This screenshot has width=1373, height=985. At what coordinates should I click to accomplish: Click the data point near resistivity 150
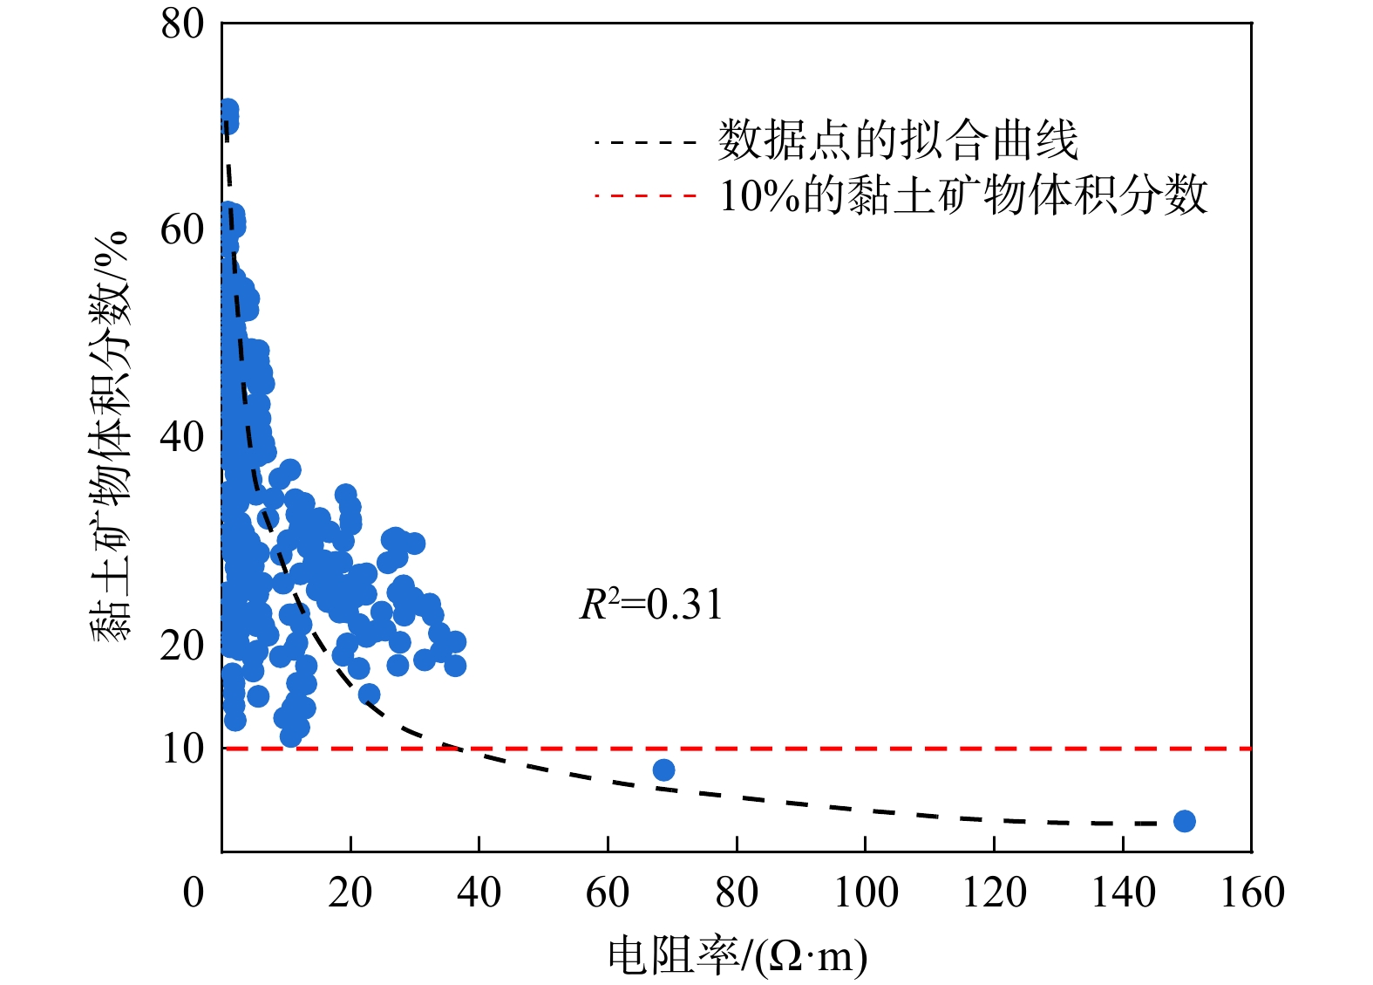1184,821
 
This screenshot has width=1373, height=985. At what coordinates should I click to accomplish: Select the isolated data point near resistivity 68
663,770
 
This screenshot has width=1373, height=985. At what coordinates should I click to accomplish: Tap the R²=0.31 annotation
651,605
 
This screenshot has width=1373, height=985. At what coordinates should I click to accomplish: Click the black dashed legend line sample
645,141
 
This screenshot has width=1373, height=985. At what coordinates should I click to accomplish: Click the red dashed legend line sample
645,195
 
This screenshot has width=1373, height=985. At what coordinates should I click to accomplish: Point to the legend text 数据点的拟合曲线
898,140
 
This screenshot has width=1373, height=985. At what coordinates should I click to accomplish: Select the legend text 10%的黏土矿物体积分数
963,195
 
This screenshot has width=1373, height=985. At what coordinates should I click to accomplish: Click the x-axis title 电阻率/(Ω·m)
737,955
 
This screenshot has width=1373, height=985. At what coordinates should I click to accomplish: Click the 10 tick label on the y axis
182,749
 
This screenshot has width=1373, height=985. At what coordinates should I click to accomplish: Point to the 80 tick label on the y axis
182,24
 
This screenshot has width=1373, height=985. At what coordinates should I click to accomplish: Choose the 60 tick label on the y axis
182,230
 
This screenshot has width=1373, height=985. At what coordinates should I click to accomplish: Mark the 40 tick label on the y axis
182,436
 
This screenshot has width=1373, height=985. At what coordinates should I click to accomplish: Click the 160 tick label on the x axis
1252,893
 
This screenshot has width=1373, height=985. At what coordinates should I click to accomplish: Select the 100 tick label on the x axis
866,893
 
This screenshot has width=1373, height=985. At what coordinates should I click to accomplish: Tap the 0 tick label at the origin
194,893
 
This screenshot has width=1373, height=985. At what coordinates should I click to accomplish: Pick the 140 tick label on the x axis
1123,893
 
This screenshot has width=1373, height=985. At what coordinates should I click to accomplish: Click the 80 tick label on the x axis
737,893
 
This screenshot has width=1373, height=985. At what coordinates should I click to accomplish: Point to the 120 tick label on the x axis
994,893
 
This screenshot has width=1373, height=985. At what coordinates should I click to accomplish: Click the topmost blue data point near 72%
228,111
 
